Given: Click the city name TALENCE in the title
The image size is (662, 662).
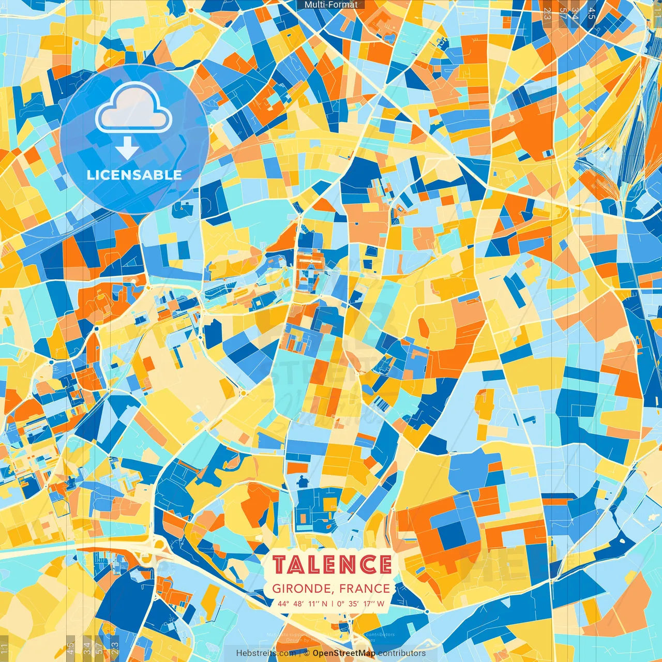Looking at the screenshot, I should tap(332, 565).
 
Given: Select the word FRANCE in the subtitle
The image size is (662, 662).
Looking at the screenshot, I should tap(365, 589).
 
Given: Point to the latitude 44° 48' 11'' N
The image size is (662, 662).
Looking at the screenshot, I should tap(302, 604).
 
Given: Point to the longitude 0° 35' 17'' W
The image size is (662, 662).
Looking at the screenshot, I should tap(360, 604).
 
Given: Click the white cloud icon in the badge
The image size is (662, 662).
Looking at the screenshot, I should tap(133, 109).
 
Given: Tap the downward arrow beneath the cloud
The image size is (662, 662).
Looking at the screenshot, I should tap(127, 148).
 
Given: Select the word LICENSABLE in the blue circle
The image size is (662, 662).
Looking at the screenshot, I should tap(134, 175).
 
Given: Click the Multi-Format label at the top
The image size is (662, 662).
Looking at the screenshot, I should tap(331, 5).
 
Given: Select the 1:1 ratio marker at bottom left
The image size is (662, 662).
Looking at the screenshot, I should tap(5, 648).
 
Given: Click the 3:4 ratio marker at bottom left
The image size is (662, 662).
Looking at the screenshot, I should tap(86, 647).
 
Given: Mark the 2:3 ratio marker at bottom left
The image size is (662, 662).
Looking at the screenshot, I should tap(115, 647).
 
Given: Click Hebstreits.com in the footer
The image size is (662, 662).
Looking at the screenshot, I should tap(266, 653).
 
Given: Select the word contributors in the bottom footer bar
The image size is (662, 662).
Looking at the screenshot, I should tap(401, 653).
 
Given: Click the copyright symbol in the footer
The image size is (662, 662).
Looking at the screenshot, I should tap(306, 653).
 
